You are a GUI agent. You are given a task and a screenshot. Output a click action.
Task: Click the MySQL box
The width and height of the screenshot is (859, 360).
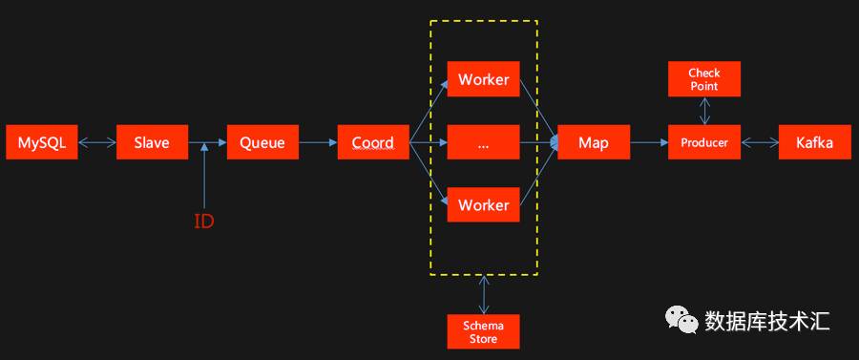tap(42, 142)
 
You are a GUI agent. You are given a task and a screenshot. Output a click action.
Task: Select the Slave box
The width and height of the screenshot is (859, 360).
tap(153, 142)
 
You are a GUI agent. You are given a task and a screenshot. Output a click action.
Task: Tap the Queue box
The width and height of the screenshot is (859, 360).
tap(263, 142)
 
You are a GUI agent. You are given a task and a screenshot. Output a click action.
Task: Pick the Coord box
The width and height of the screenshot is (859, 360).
tap(373, 142)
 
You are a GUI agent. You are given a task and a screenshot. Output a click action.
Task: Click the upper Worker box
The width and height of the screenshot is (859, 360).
tap(483, 79)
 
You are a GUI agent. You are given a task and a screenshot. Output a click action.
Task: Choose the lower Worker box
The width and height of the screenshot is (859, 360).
tap(483, 205)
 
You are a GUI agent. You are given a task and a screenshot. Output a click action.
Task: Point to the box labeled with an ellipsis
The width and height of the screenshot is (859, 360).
tap(483, 142)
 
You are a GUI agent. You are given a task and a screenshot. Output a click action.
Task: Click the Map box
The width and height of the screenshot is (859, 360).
tap(594, 142)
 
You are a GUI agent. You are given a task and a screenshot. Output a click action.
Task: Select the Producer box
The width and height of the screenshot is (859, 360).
tap(704, 142)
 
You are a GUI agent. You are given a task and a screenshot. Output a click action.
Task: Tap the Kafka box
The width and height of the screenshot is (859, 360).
tap(815, 142)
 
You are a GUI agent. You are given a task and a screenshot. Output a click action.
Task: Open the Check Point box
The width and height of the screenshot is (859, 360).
tap(704, 79)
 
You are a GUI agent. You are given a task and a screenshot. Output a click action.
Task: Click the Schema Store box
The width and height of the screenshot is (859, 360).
tap(483, 331)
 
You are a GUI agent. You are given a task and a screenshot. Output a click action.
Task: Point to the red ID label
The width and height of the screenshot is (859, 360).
tap(204, 222)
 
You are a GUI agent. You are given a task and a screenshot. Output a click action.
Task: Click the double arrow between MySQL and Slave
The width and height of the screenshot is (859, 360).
tap(97, 142)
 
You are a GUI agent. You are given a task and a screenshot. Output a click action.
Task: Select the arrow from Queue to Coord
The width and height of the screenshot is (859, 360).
tap(318, 142)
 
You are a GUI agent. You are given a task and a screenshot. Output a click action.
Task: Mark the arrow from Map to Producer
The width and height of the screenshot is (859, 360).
tap(649, 142)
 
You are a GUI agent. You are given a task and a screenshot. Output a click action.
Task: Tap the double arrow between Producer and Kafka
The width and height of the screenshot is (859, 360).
tap(760, 142)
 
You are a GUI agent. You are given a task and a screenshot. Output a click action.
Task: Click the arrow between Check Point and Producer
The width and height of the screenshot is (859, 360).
tap(704, 111)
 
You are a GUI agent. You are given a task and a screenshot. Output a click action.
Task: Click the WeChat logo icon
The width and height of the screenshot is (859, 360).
tap(681, 320)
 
